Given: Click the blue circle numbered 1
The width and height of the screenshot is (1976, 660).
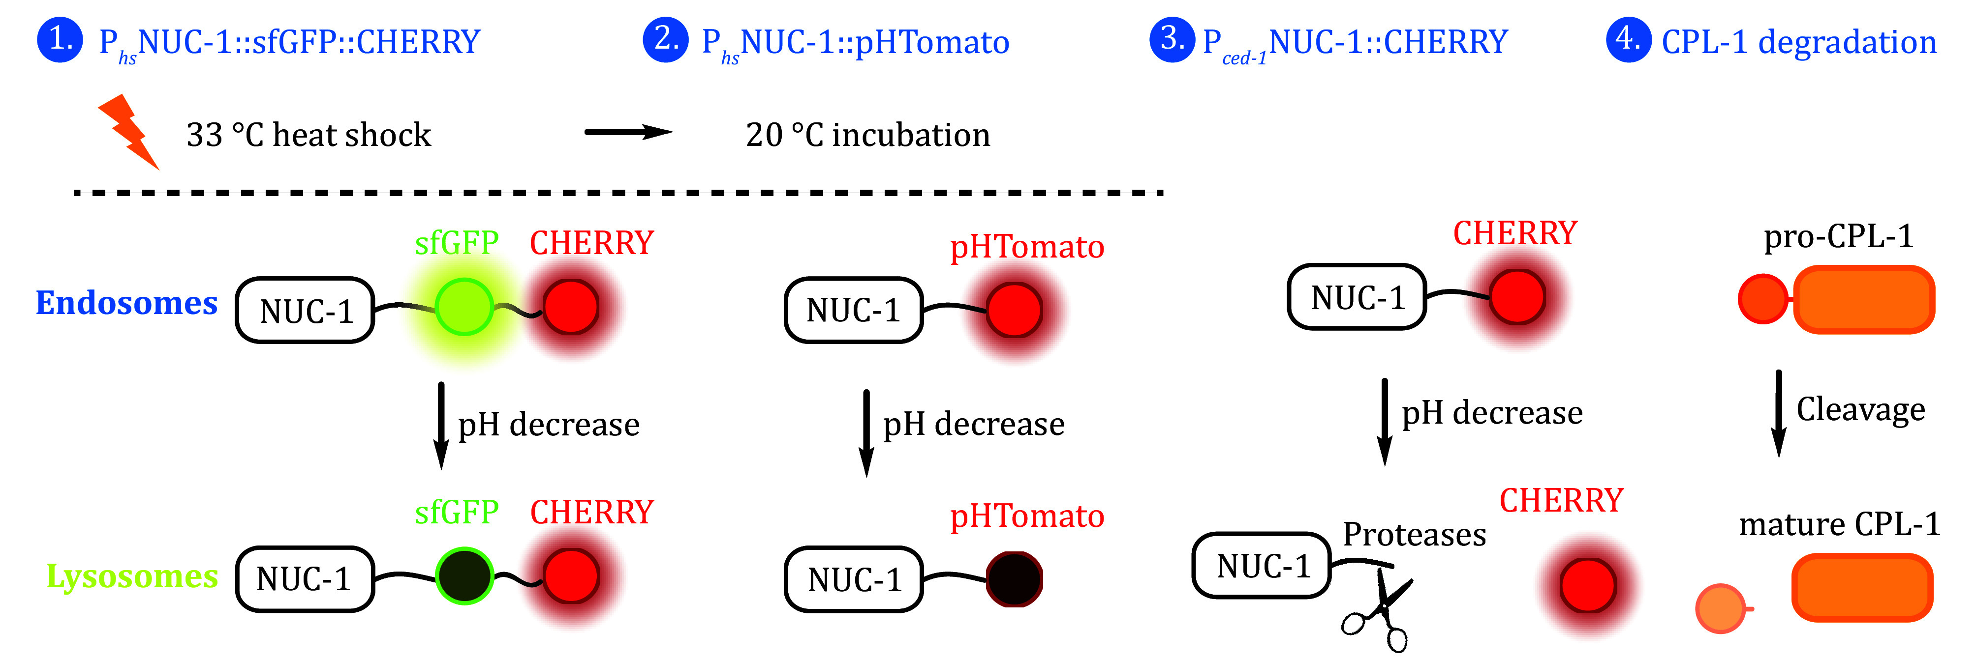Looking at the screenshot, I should point(60,40).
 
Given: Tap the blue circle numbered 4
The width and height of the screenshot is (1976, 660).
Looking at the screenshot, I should point(1628,40).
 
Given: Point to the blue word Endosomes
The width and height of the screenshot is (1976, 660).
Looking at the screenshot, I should point(126,303).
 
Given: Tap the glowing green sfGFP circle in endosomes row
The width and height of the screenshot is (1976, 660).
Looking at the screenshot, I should point(463,307).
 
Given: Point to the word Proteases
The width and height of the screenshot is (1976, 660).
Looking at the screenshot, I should point(1414,534).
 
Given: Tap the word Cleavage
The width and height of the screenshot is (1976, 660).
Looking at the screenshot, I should point(1860,409).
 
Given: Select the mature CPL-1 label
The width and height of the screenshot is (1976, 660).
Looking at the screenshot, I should point(1839,524).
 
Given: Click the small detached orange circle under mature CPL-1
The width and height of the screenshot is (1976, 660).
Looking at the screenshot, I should point(1721,608).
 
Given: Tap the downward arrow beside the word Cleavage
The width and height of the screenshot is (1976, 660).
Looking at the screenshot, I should point(1778,414).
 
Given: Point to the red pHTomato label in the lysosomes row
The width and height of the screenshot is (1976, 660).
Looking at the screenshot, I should point(1026,516).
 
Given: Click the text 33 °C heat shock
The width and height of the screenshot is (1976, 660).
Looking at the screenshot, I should point(309,135).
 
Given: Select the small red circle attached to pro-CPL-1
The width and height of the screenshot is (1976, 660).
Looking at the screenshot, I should point(1763,299).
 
